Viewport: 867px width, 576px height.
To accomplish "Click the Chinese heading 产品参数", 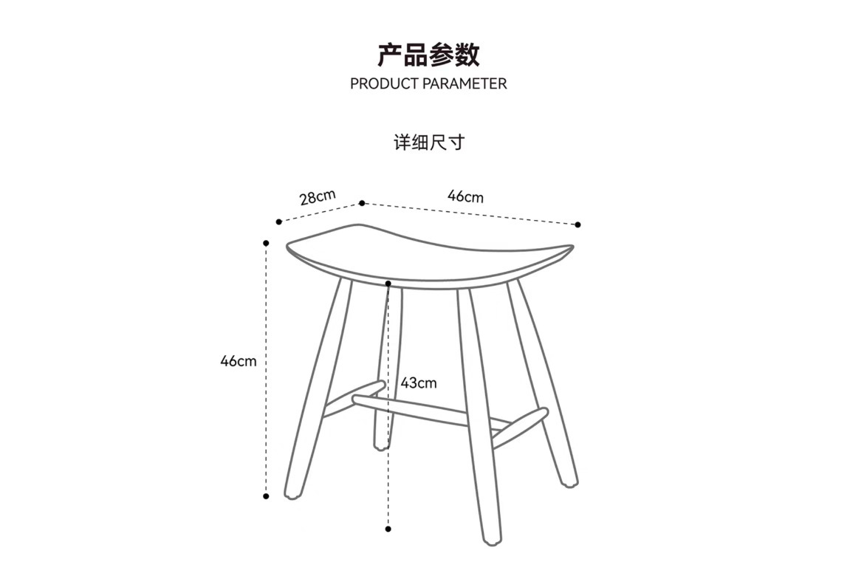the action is pyautogui.click(x=428, y=55).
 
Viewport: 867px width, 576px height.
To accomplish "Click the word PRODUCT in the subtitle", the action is pyautogui.click(x=385, y=83).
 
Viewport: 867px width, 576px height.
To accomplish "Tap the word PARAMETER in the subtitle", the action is pyautogui.click(x=465, y=83).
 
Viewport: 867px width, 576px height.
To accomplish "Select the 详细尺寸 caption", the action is pyautogui.click(x=429, y=142).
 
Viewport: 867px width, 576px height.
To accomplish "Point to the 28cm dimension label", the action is pyautogui.click(x=318, y=197).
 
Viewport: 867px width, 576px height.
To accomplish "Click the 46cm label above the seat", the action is pyautogui.click(x=465, y=196).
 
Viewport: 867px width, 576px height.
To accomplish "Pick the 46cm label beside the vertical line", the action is pyautogui.click(x=239, y=361).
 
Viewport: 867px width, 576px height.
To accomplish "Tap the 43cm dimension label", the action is pyautogui.click(x=419, y=383).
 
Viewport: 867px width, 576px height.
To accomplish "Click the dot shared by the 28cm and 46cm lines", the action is pyautogui.click(x=362, y=203).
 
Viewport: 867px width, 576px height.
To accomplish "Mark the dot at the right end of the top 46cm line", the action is pyautogui.click(x=578, y=224).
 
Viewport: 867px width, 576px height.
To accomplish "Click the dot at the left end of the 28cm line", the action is pyautogui.click(x=278, y=222).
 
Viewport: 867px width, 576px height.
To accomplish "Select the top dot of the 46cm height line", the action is pyautogui.click(x=266, y=243).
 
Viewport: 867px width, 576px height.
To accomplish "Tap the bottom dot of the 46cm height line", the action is pyautogui.click(x=266, y=496).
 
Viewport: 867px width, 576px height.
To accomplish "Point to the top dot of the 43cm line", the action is pyautogui.click(x=388, y=284).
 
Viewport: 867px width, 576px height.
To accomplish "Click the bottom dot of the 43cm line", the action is pyautogui.click(x=388, y=529).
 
